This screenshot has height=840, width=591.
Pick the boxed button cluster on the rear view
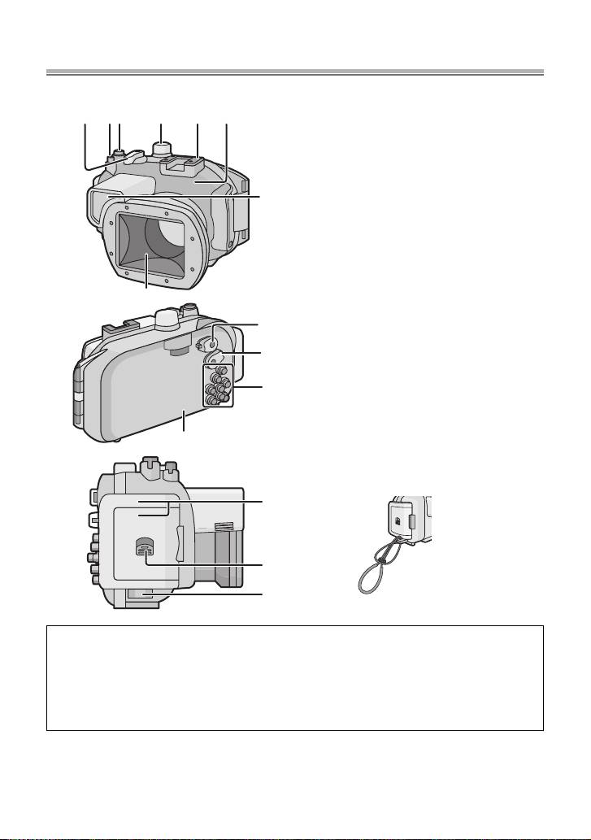click(x=218, y=384)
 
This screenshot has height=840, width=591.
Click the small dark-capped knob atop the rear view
click(x=189, y=309)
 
